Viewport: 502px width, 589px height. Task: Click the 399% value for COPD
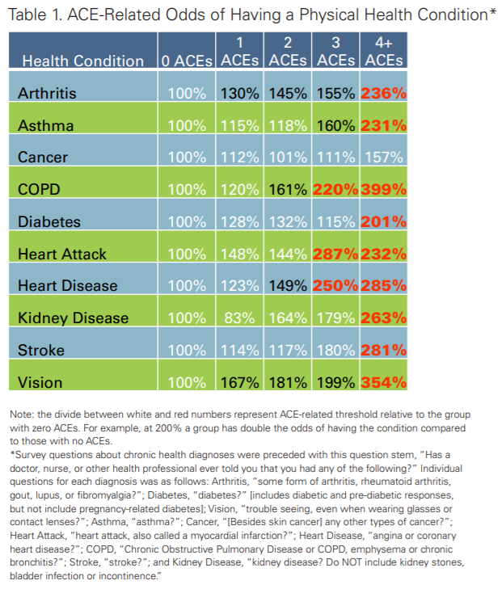pos(384,189)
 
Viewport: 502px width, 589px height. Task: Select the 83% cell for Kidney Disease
pos(239,318)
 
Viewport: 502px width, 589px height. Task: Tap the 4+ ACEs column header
pos(384,52)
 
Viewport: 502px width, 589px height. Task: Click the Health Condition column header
pos(83,61)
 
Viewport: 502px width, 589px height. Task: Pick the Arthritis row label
pos(47,93)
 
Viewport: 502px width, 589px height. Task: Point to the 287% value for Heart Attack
pos(335,254)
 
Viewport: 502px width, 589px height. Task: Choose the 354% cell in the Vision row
pos(384,382)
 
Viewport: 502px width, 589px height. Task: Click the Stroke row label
pos(41,350)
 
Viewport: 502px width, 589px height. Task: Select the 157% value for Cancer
pos(384,157)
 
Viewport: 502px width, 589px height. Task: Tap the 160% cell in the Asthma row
pos(335,125)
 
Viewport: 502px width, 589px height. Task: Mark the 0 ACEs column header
pos(187,61)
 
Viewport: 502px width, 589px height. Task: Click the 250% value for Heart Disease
pos(335,286)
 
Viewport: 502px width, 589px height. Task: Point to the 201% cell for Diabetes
pos(384,221)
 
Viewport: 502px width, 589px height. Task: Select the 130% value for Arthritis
pos(239,93)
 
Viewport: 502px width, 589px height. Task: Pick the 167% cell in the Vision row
pos(239,382)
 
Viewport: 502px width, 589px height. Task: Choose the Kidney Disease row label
pos(74,318)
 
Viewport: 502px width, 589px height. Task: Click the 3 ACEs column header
pos(335,52)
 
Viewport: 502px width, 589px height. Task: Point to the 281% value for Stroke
pos(384,350)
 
